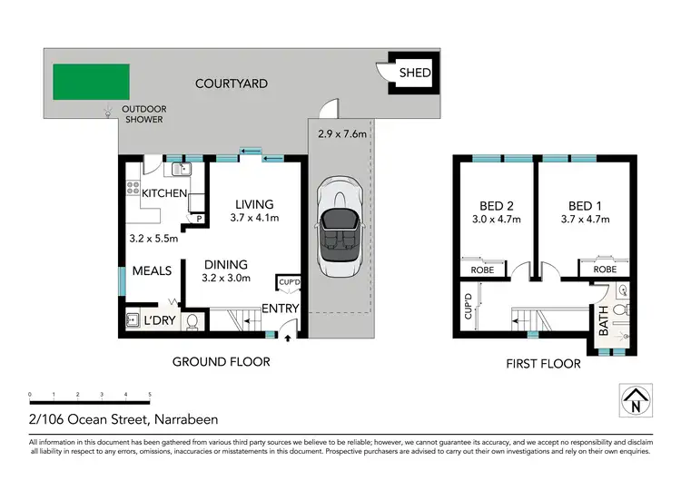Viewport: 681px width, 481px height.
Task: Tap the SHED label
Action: tap(413, 74)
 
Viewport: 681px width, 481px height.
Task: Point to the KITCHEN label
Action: tap(163, 193)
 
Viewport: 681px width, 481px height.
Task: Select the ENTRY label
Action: tap(281, 309)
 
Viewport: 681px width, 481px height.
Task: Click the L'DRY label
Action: tap(160, 320)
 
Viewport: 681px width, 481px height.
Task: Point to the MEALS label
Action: tap(153, 271)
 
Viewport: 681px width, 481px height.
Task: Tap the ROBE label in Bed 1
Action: tap(605, 270)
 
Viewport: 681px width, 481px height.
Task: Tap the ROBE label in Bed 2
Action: tap(481, 270)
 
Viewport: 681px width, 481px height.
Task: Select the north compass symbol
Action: tap(637, 400)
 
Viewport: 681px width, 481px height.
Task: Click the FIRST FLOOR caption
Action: tap(542, 364)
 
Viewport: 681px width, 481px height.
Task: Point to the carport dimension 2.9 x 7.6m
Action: tap(341, 133)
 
